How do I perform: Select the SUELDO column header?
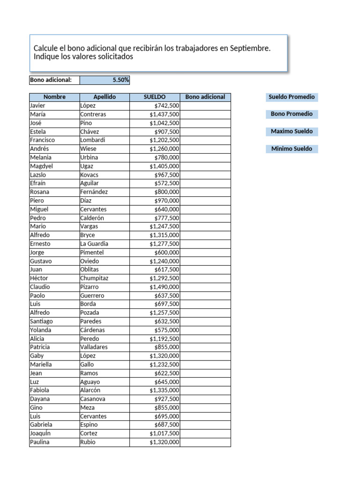pos(154,97)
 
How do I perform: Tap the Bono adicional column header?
pos(205,97)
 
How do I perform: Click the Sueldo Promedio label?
pos(292,97)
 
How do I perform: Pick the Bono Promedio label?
pos(292,114)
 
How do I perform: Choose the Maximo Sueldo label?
pos(292,131)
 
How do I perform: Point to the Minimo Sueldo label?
pos(292,149)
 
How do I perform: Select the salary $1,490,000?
pos(164,287)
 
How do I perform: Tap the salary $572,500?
pos(166,183)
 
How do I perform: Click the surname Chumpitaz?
pos(94,278)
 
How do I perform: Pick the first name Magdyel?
pos(42,166)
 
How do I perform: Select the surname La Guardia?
pos(94,244)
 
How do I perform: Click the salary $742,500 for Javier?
pos(166,106)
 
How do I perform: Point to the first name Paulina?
pos(40,442)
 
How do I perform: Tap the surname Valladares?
pos(94,347)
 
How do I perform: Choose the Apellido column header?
pos(105,97)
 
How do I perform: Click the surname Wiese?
pos(89,149)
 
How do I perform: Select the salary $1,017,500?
pos(164,434)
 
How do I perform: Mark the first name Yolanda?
pos(41,330)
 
